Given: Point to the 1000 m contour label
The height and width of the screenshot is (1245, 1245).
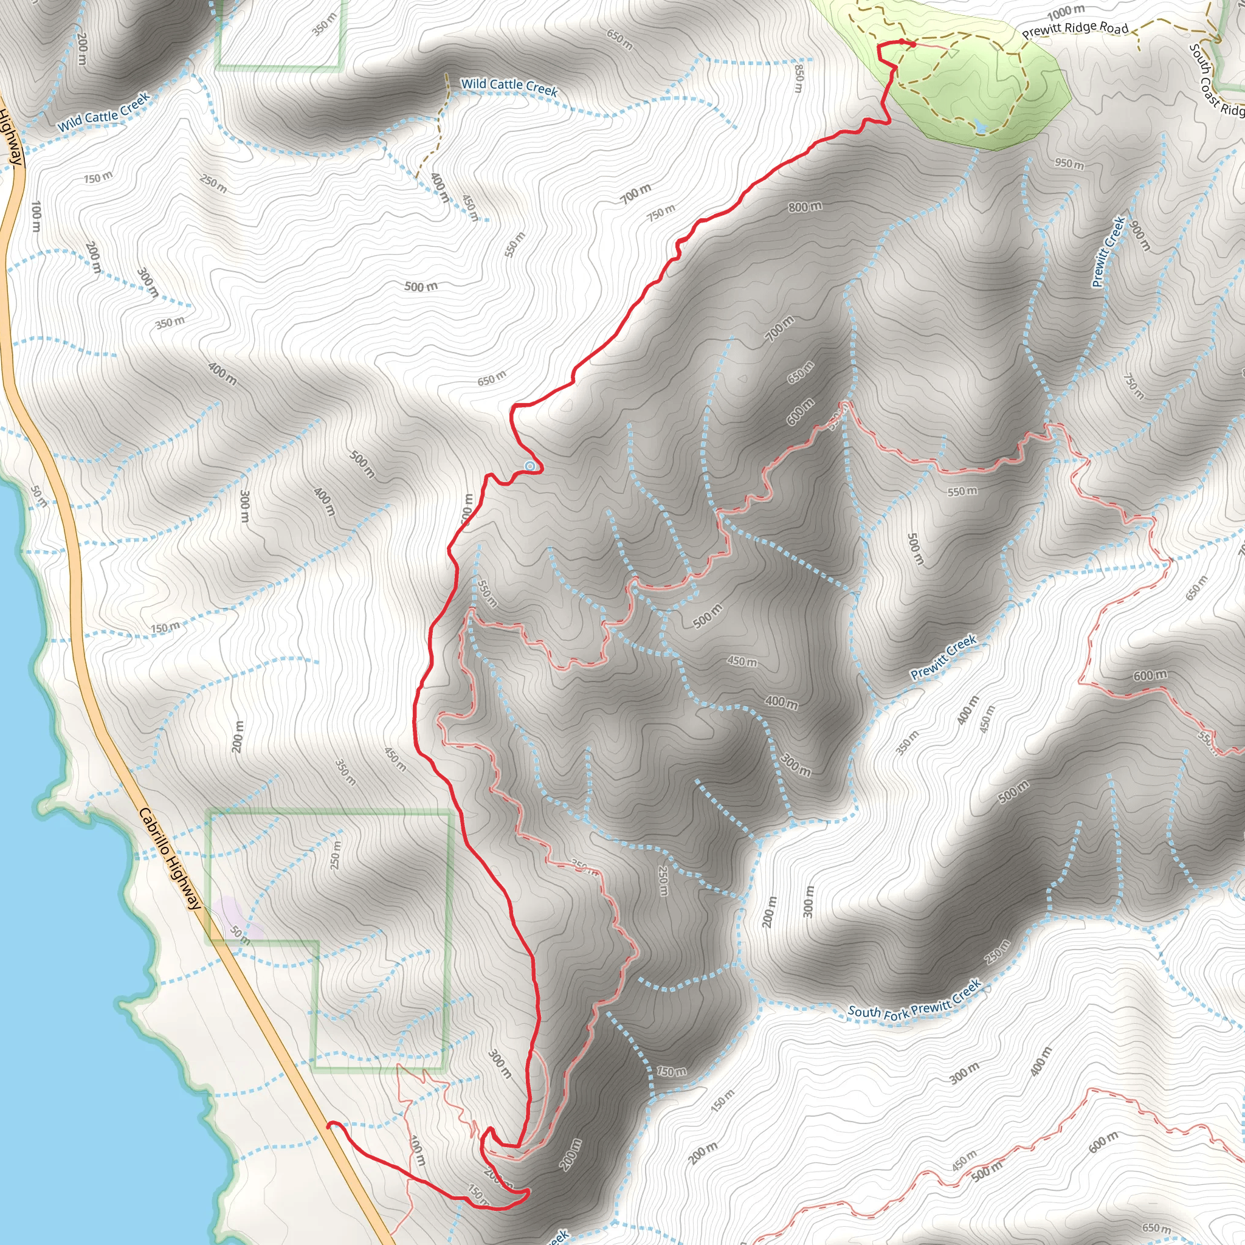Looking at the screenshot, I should pyautogui.click(x=1066, y=12).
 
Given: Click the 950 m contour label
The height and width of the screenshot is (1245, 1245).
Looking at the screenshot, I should pyautogui.click(x=1069, y=164).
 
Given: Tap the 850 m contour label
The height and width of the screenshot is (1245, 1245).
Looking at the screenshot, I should pyautogui.click(x=799, y=78).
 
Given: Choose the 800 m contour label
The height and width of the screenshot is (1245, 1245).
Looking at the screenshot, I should pyautogui.click(x=805, y=207).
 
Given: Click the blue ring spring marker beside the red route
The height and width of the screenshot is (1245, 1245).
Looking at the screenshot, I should pyautogui.click(x=529, y=465).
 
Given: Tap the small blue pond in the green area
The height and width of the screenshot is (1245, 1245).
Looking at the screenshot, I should pyautogui.click(x=980, y=127).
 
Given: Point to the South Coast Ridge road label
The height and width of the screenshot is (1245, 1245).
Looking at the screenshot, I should pyautogui.click(x=1215, y=81).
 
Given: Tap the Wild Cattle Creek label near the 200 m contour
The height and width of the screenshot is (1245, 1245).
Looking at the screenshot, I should pyautogui.click(x=104, y=111).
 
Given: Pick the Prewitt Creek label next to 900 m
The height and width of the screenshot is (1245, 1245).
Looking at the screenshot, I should pyautogui.click(x=1108, y=251).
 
